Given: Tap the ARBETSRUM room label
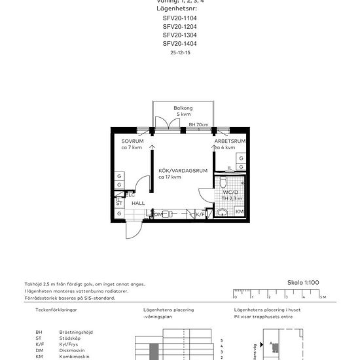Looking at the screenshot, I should [230, 141].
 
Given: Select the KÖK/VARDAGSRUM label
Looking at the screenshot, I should [183, 171].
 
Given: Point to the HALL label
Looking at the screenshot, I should [138, 204].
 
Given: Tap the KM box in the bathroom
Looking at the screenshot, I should [240, 212].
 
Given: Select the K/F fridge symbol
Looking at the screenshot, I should [200, 214].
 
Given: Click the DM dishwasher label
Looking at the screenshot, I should [158, 214].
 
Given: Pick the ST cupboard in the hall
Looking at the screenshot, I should [119, 204].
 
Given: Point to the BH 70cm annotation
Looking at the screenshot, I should [198, 124].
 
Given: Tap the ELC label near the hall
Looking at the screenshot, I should [130, 194].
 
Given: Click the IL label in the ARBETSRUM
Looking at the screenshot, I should [230, 168].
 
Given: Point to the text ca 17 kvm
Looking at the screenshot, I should [170, 177].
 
